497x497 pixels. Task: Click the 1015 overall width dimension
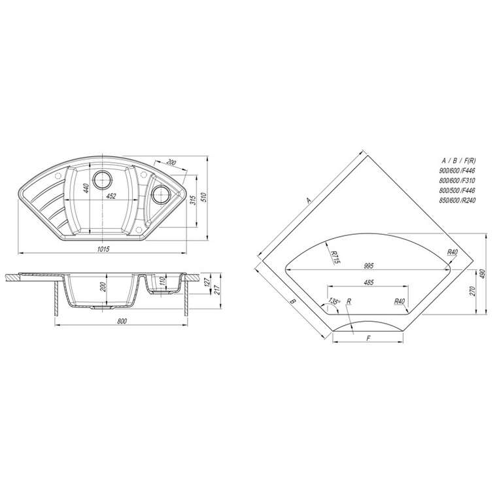[x=103, y=249]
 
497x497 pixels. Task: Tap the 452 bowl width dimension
[x=111, y=196]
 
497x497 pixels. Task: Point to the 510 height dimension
[x=203, y=197]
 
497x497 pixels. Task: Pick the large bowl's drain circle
[x=102, y=180]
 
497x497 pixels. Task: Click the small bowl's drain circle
[x=160, y=194]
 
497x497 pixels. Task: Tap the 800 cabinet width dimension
[x=122, y=321]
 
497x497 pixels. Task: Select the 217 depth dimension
[x=217, y=290]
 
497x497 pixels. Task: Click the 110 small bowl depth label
[x=162, y=281]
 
